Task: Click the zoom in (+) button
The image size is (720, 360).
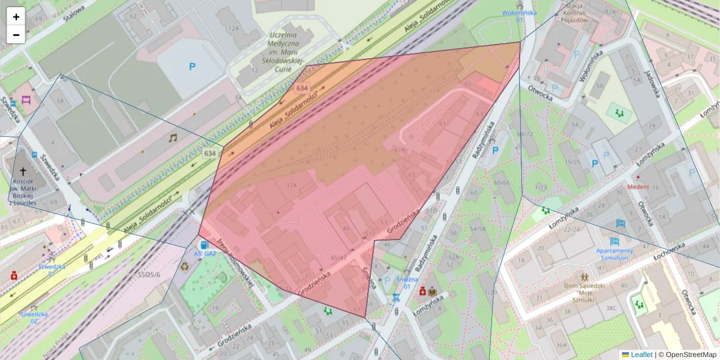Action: pos(16,17)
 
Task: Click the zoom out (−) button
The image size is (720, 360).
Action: pos(16,35)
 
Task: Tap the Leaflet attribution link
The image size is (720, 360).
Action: pos(641,355)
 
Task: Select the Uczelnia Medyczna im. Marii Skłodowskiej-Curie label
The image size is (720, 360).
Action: pos(287,49)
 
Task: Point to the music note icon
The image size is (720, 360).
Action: pos(173,138)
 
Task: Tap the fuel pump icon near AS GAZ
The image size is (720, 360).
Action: pos(205,244)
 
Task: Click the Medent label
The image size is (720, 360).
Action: pos(638,187)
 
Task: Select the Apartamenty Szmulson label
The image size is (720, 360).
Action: pos(614,254)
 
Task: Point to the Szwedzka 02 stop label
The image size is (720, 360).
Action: pos(33,317)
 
